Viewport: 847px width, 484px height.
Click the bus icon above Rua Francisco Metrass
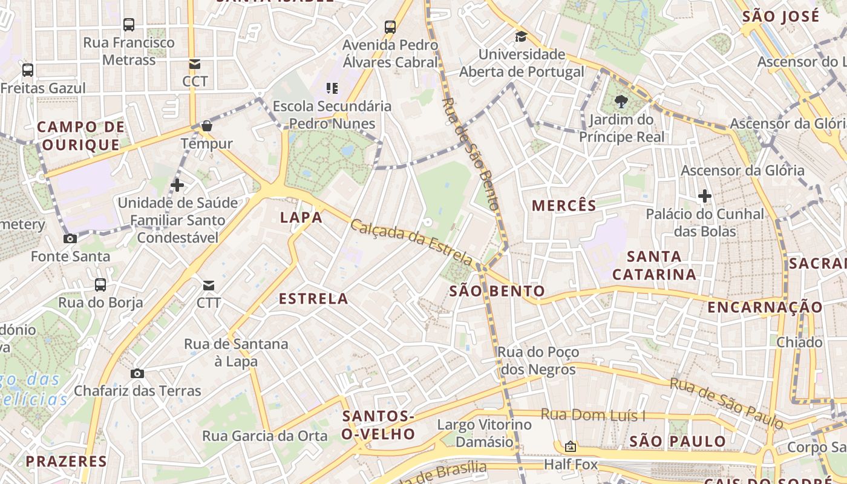point(129,25)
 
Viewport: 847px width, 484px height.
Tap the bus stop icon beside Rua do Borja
point(100,284)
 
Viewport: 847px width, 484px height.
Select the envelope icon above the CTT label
point(209,285)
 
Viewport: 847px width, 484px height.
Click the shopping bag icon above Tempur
point(207,126)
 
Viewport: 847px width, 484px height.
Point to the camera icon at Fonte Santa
point(70,238)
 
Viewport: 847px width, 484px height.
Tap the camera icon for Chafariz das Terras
point(137,373)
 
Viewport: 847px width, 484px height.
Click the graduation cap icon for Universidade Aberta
point(521,37)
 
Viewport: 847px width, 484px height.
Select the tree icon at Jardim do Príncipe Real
point(620,102)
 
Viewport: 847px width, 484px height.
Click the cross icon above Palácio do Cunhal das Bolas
point(704,196)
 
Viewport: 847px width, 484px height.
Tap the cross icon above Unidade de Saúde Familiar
point(177,185)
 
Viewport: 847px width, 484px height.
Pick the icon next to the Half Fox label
point(570,447)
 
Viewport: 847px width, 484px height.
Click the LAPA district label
point(301,218)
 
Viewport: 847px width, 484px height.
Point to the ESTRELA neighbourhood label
point(313,298)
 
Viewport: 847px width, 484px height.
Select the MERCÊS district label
point(564,206)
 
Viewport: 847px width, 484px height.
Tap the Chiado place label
point(799,342)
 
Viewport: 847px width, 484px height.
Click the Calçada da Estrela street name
point(411,242)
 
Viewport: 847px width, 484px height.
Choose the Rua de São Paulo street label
point(726,401)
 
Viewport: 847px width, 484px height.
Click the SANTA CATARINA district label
point(654,266)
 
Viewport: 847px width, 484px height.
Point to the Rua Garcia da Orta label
point(264,436)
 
